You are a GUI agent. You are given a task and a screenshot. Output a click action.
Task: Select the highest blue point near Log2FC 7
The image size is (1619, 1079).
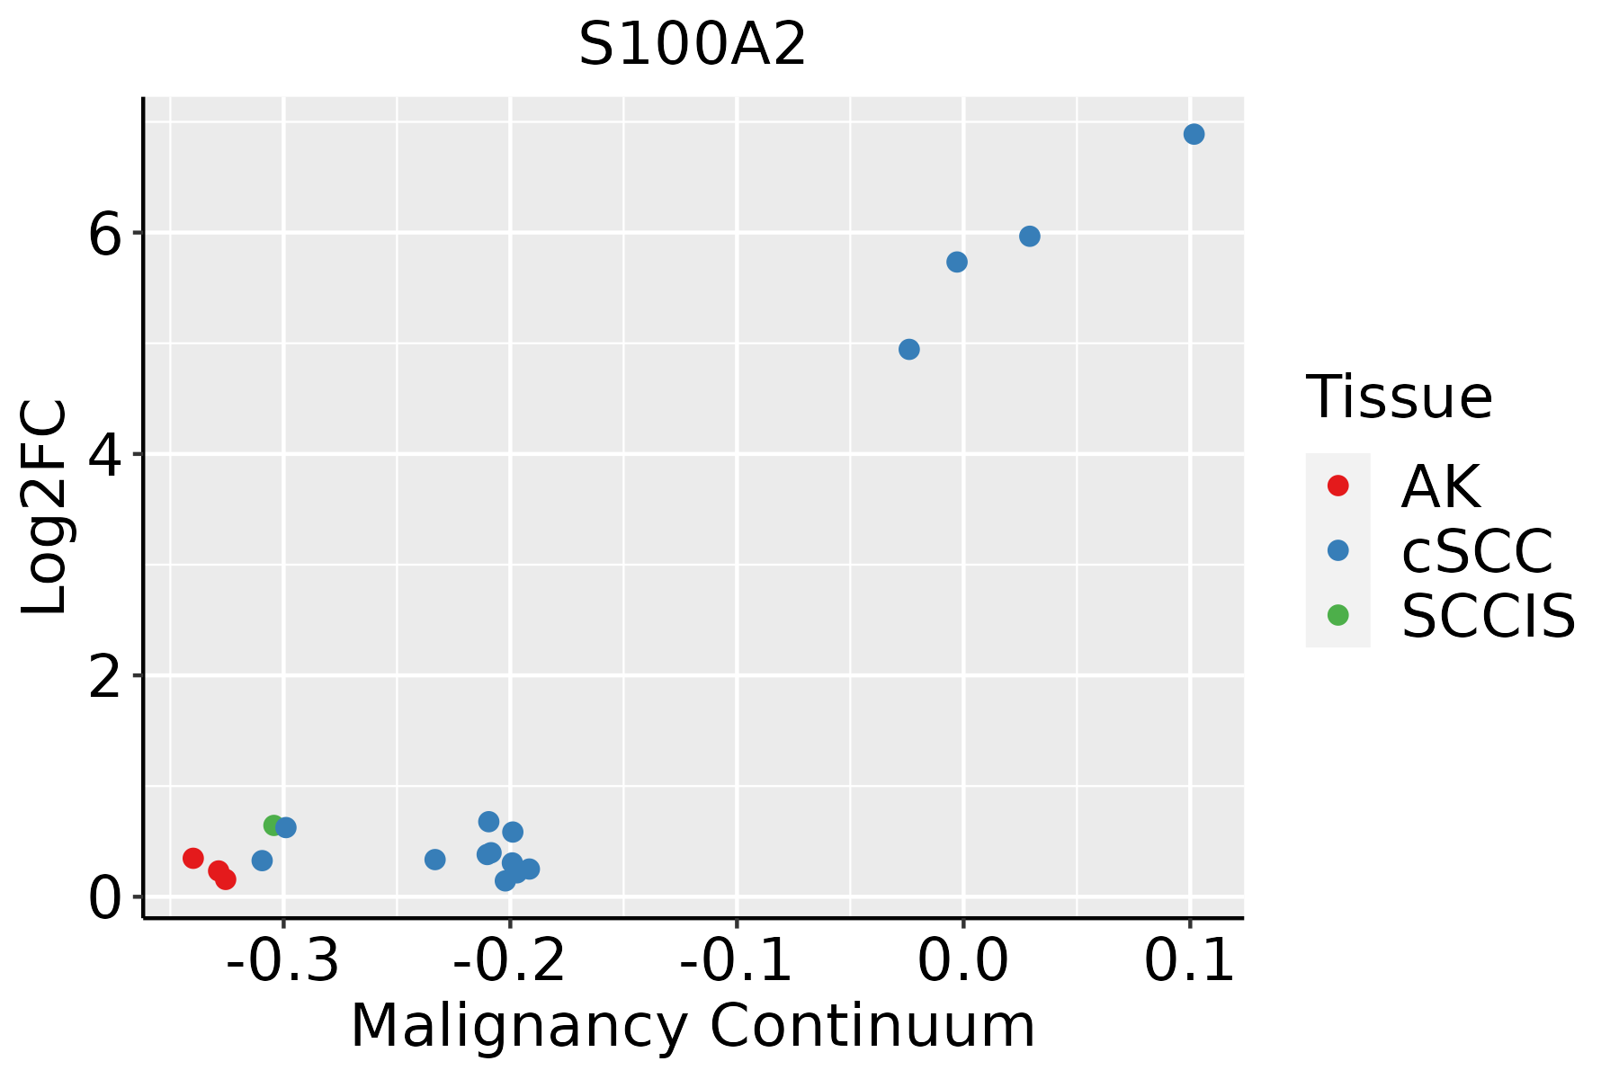pos(1194,134)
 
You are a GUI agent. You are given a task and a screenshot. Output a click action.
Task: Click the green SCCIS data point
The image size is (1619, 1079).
pos(273,825)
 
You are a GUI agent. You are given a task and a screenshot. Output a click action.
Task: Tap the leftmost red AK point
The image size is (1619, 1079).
pos(193,858)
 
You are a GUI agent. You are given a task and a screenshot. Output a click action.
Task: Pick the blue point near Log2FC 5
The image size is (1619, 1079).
pos(909,349)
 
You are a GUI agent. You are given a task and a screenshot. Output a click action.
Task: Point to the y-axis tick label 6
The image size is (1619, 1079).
pos(104,235)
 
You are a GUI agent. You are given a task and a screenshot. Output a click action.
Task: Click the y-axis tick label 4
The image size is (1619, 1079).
pos(104,456)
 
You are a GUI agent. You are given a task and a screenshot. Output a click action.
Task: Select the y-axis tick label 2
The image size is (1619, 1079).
pos(104,678)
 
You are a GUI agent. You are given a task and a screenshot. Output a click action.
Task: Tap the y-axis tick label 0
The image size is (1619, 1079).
pos(104,899)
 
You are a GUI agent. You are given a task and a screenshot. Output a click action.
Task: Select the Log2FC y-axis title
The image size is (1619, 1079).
pos(45,508)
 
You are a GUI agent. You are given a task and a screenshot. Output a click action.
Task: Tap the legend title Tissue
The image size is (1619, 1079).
pos(1399,397)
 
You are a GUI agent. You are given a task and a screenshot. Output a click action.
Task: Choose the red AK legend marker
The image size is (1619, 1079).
pos(1337,486)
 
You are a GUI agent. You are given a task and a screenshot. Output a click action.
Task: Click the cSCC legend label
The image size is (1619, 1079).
pos(1477,550)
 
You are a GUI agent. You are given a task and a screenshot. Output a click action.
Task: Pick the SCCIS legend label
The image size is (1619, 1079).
pos(1489,616)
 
